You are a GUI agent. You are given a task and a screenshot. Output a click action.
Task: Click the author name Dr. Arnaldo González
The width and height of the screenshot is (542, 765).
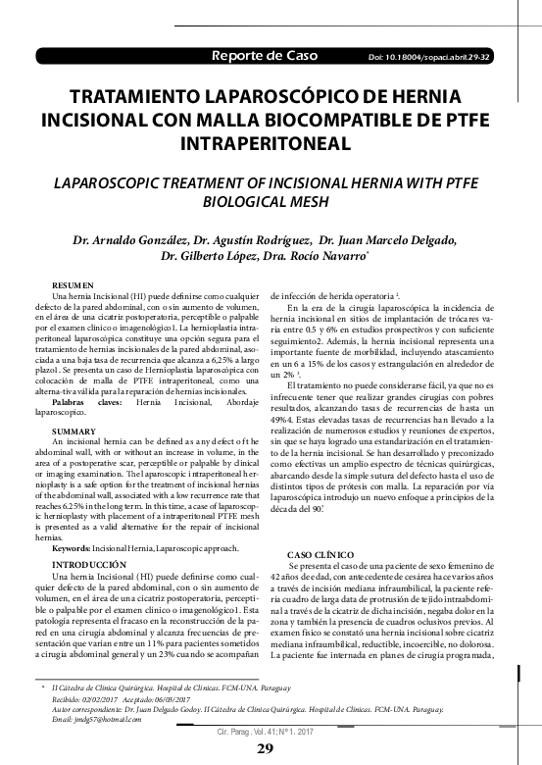[126, 241]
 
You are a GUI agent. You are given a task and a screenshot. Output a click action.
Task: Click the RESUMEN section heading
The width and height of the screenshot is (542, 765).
[73, 283]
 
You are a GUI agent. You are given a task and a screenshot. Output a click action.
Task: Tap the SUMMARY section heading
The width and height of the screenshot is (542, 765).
[74, 432]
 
